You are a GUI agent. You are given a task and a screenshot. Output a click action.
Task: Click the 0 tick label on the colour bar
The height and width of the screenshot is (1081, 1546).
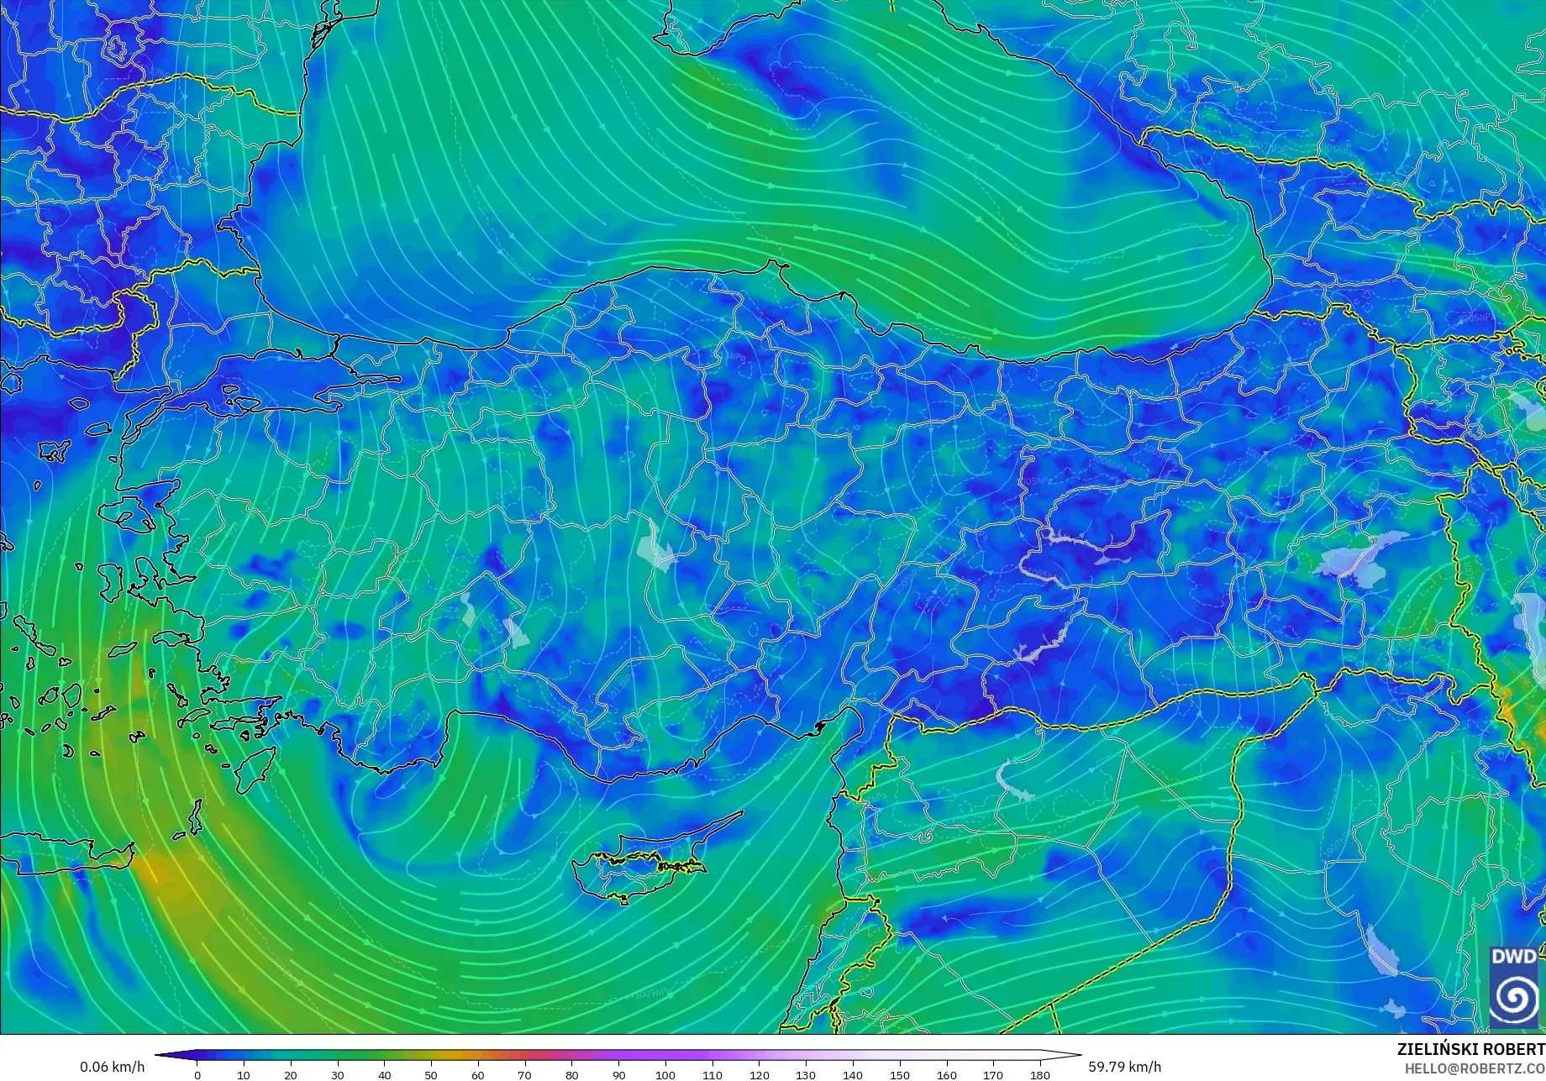(197, 1075)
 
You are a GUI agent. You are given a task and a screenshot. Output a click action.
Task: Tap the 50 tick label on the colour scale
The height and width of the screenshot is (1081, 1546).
(431, 1075)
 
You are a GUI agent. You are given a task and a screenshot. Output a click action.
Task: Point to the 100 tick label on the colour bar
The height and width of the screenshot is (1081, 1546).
(665, 1075)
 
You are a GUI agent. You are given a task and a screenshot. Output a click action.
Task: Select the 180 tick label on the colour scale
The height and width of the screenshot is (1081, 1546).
(1040, 1075)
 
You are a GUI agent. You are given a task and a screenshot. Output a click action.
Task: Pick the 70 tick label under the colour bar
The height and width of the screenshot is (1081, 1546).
(524, 1075)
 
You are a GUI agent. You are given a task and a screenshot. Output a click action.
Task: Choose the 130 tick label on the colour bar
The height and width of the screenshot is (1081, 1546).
(806, 1075)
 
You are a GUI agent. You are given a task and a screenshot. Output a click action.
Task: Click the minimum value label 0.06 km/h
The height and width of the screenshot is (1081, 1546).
(113, 1068)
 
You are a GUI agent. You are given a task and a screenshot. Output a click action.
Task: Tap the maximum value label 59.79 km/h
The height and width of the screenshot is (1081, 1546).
(1125, 1068)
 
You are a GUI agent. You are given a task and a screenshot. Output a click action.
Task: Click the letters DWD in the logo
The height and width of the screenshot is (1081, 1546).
(1514, 957)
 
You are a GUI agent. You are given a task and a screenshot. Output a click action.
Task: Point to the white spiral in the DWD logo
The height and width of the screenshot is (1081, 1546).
(1514, 997)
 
